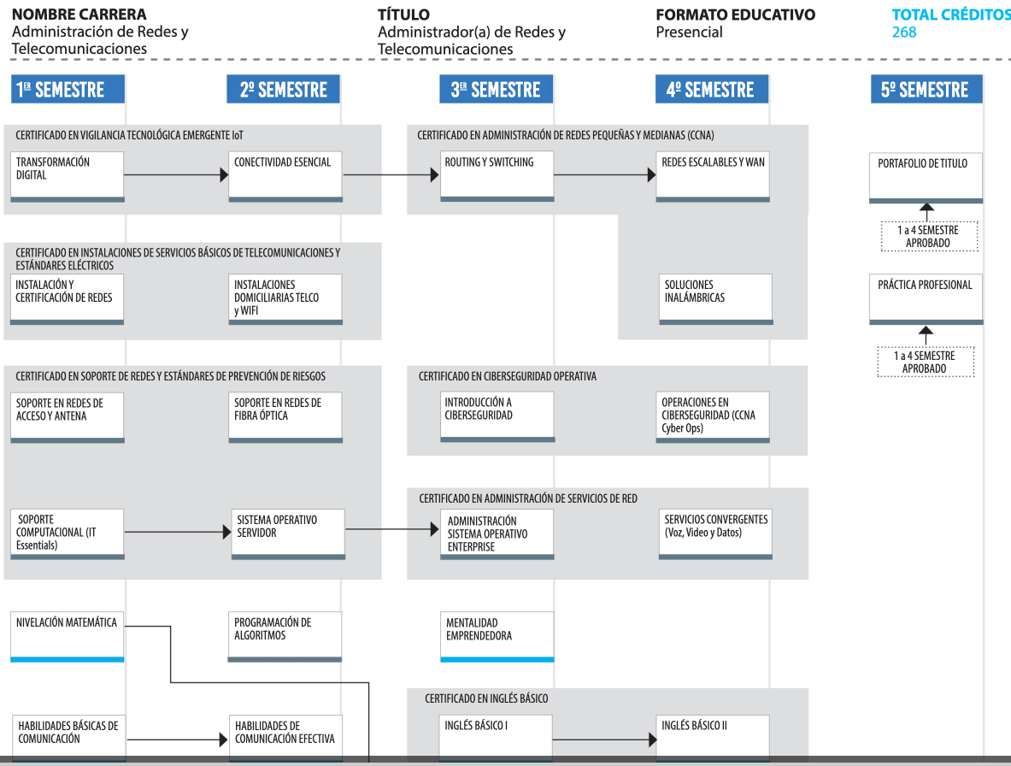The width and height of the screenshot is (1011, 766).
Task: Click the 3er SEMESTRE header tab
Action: [x=497, y=89]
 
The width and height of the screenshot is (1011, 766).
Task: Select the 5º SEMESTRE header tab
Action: [x=926, y=89]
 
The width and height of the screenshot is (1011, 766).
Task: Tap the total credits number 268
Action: [x=904, y=32]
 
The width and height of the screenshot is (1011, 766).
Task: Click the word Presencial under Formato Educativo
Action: [x=690, y=32]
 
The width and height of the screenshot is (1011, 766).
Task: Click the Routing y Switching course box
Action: [x=497, y=176]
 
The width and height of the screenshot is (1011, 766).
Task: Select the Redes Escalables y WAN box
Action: [x=713, y=176]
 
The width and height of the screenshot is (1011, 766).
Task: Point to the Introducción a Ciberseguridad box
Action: [x=497, y=416]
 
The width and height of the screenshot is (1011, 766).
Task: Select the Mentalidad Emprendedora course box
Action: [x=497, y=636]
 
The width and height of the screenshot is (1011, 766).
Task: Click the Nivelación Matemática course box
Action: [x=67, y=636]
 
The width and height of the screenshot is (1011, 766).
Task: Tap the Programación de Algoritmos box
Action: [x=285, y=636]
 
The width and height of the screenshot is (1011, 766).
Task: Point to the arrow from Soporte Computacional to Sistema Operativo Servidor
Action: [x=178, y=532]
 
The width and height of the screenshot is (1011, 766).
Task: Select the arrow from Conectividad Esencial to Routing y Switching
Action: [x=391, y=174]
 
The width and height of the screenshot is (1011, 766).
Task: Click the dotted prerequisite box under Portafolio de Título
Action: [x=929, y=237]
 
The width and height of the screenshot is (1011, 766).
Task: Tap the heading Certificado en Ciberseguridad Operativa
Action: [x=508, y=376]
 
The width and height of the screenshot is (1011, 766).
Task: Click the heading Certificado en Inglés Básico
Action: [x=486, y=698]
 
